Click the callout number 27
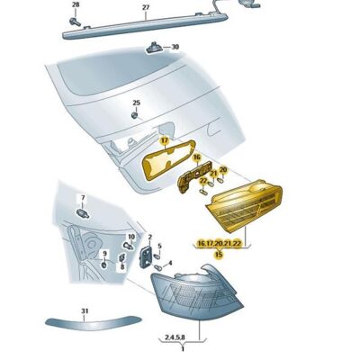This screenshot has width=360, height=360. [145, 7]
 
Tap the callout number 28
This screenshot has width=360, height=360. [76, 5]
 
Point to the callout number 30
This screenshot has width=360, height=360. [175, 47]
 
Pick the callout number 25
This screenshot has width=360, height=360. [137, 103]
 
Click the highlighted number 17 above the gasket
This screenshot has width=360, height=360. [165, 141]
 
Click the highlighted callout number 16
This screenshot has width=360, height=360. [195, 157]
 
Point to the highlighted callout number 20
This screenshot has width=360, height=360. [222, 169]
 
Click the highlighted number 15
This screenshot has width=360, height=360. [218, 255]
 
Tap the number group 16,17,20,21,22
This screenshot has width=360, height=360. [219, 243]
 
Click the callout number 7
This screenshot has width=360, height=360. [82, 198]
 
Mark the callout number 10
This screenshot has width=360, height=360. [130, 237]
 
